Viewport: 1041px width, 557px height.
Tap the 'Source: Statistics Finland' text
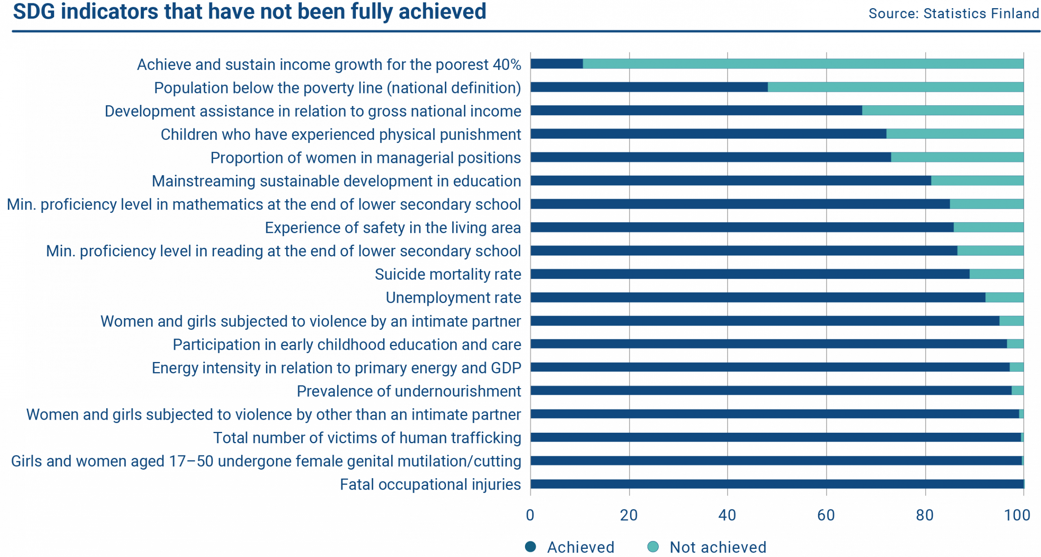coord(954,14)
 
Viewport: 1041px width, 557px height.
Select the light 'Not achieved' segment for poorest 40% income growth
coord(803,64)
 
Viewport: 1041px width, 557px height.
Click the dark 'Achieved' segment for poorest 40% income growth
coord(556,64)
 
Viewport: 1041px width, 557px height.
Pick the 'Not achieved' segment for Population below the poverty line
coord(895,87)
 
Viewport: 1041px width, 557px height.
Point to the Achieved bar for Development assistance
coord(696,111)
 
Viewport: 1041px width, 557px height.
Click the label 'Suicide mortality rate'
coord(448,275)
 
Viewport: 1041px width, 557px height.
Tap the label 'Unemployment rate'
coord(453,298)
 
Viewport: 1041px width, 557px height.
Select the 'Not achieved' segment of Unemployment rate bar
coord(1004,297)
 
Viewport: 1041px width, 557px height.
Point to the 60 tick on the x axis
coord(826,516)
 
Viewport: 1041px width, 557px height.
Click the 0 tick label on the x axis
coord(530,516)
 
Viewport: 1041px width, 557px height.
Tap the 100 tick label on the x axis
coord(1017,516)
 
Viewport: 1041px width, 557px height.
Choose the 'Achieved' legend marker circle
coord(531,547)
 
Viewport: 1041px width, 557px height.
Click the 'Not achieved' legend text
coord(718,547)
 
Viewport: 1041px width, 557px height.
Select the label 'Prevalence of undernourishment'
coord(409,391)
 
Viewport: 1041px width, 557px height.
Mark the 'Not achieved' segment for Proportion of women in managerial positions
coord(957,157)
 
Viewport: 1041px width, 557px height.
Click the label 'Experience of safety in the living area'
coord(393,228)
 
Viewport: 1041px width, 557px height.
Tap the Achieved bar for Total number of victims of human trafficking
coord(775,438)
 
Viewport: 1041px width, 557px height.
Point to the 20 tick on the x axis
coord(629,516)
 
